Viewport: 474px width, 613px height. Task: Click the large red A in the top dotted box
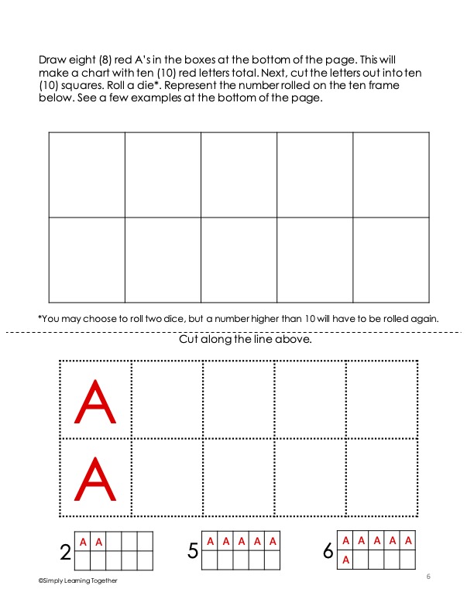click(96, 401)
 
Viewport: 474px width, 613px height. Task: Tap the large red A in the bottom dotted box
click(96, 479)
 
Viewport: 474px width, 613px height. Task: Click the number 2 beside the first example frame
click(65, 552)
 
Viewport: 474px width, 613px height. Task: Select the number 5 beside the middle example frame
click(193, 551)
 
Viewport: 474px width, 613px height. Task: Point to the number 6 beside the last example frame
click(328, 551)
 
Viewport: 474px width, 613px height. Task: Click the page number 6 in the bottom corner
click(428, 576)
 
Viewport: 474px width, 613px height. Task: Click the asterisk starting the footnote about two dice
click(39, 317)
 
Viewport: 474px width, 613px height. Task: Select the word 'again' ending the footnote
click(424, 318)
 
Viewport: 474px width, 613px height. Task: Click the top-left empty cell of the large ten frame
click(87, 175)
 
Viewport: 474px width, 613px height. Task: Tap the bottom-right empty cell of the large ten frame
click(391, 259)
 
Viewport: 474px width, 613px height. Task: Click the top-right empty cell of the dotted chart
click(382, 400)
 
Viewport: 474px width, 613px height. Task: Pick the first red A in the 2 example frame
click(83, 542)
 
